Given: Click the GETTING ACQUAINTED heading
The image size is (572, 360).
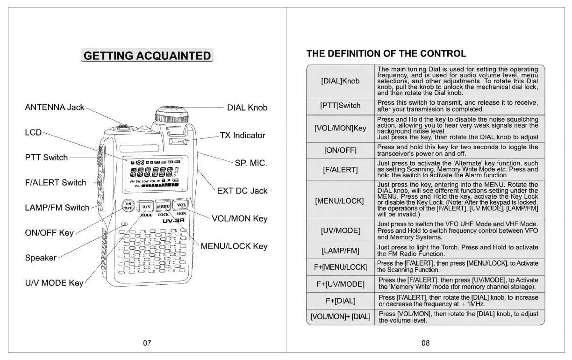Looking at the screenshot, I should pyautogui.click(x=147, y=56).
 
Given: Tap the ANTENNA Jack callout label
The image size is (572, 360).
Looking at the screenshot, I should pyautogui.click(x=54, y=107).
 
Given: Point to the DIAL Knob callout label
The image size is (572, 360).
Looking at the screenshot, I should pyautogui.click(x=247, y=108).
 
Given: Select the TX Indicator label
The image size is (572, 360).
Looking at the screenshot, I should pyautogui.click(x=243, y=136).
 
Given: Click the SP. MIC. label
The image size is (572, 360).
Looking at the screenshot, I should pyautogui.click(x=250, y=163).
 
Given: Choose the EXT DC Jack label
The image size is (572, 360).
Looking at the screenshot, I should pyautogui.click(x=242, y=191).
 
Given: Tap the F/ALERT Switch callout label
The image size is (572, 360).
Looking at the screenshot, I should pyautogui.click(x=55, y=182).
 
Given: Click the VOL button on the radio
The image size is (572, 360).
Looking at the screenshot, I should pyautogui.click(x=181, y=205).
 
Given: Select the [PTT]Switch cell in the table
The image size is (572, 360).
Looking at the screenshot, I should pyautogui.click(x=340, y=106).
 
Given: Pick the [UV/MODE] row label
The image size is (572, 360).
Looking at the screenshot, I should pyautogui.click(x=340, y=230).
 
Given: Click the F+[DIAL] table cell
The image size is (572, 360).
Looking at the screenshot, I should pyautogui.click(x=340, y=301).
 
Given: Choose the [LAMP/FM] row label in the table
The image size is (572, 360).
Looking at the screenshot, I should pyautogui.click(x=340, y=251).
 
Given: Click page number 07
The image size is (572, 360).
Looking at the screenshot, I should pyautogui.click(x=147, y=343).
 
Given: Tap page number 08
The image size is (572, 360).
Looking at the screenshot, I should pyautogui.click(x=425, y=343).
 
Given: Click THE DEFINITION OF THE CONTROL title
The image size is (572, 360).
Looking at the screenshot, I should pyautogui.click(x=386, y=54).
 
